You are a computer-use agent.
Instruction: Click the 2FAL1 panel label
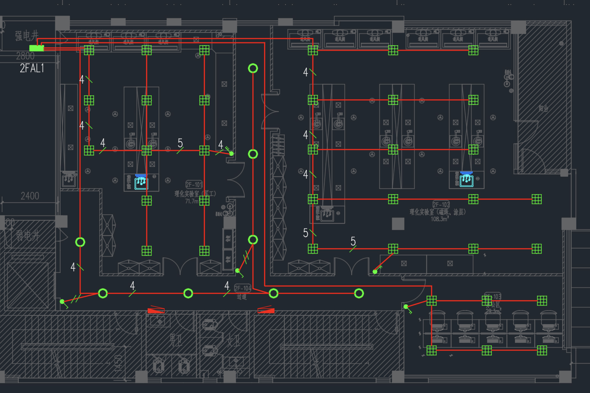(32, 68)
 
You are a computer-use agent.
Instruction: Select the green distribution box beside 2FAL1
(37, 48)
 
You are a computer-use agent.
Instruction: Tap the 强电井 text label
(27, 36)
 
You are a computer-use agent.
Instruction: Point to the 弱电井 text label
(27, 236)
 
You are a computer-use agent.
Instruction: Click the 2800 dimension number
(25, 56)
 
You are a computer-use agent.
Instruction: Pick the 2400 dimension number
(30, 196)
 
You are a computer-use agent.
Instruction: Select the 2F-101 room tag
(194, 185)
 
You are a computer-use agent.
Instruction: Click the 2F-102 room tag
(441, 204)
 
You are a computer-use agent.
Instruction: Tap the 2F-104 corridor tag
(242, 288)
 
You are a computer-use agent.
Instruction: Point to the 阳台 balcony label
(544, 109)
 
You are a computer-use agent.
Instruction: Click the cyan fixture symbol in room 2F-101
(141, 182)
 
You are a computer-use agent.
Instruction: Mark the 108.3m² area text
(439, 219)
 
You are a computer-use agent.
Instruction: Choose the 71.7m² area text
(192, 201)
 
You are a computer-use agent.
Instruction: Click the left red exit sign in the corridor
(156, 311)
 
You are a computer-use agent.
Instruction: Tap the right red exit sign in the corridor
(266, 311)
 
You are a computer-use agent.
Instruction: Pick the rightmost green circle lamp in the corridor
(359, 293)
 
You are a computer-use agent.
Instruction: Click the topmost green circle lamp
(253, 68)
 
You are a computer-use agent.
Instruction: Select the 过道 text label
(242, 296)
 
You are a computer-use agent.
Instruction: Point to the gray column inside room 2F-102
(398, 223)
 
